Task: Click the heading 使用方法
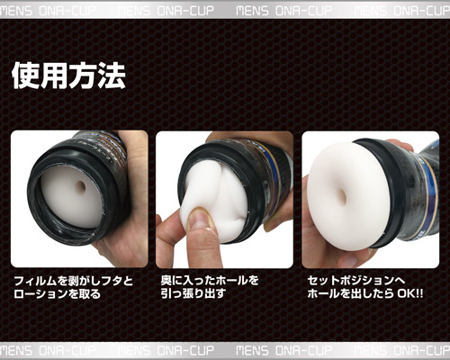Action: pyautogui.click(x=68, y=76)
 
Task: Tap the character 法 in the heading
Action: pyautogui.click(x=112, y=76)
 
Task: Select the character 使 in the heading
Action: pyautogui.click(x=25, y=76)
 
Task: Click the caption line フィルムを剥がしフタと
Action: pyautogui.click(x=74, y=281)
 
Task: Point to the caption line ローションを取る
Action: pyautogui.click(x=58, y=294)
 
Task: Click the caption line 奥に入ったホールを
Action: pyautogui.click(x=210, y=281)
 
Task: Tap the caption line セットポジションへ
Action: pyautogui.click(x=356, y=281)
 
